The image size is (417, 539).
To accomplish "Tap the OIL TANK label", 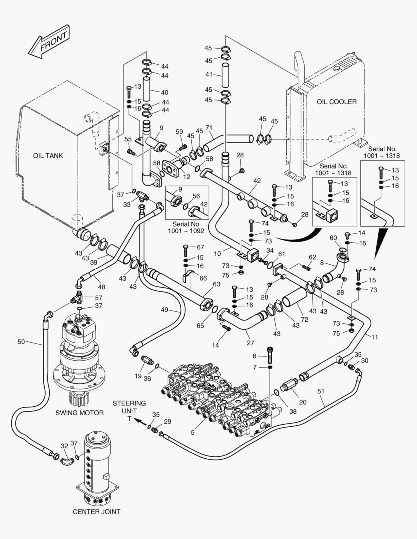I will click(48, 156).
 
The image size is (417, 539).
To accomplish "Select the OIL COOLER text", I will click(337, 102).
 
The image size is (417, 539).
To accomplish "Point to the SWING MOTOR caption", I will click(80, 413).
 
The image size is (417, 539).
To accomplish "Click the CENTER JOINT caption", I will click(96, 511).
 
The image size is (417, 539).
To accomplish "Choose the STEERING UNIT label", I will click(129, 407).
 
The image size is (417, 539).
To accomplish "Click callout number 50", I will click(21, 342).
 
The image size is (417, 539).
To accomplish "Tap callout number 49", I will click(165, 310).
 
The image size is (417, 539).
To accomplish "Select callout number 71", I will click(209, 128).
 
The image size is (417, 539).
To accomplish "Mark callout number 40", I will click(164, 92).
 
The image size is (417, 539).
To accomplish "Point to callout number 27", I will click(251, 343).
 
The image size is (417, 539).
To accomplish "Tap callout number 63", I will click(216, 284).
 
